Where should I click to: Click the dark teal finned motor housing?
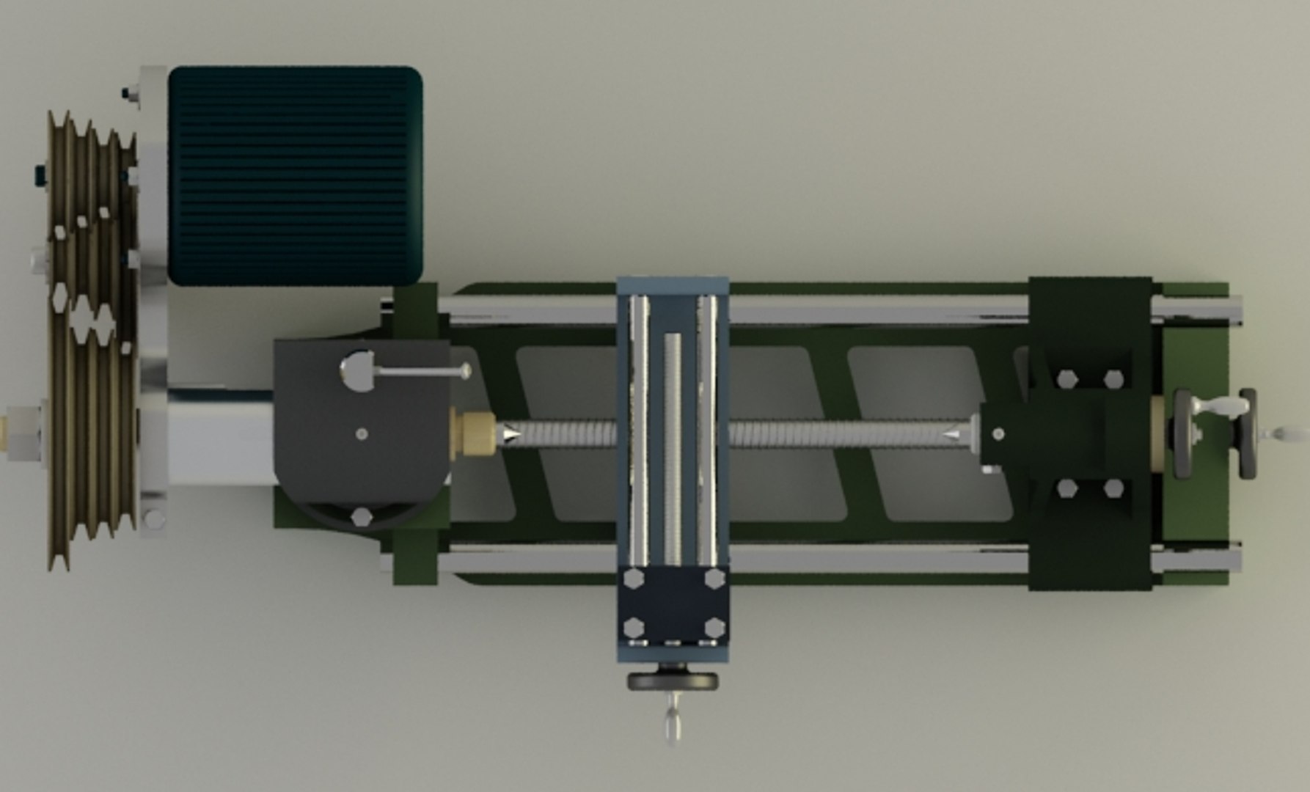[x=295, y=176]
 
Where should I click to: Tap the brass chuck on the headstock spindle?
[x=474, y=433]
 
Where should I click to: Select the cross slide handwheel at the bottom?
[x=673, y=681]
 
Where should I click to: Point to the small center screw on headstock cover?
[x=362, y=433]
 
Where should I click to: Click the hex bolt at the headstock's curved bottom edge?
[x=361, y=516]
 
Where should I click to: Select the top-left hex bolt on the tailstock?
[x=1066, y=379]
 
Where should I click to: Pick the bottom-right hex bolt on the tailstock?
[x=1113, y=489]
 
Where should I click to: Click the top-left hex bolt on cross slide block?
[x=633, y=579]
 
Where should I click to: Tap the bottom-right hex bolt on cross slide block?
[x=714, y=628]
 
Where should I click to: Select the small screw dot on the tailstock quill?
[x=998, y=433]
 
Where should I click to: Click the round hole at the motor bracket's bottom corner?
[x=153, y=518]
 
